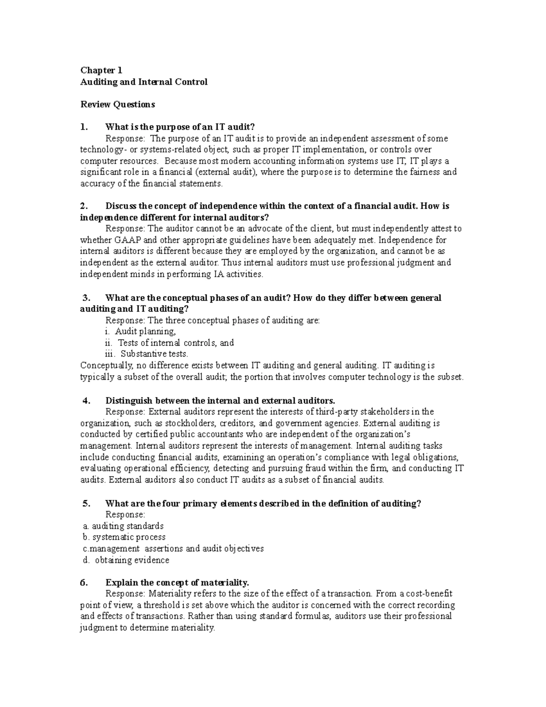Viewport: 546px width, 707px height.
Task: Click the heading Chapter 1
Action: click(101, 70)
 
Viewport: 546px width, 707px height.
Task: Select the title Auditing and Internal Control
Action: click(144, 82)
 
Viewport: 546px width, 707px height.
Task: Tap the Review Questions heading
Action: click(117, 104)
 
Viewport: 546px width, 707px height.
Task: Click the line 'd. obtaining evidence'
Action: click(126, 560)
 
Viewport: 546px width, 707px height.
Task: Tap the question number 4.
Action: click(87, 401)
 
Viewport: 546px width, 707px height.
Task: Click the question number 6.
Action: click(83, 583)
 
